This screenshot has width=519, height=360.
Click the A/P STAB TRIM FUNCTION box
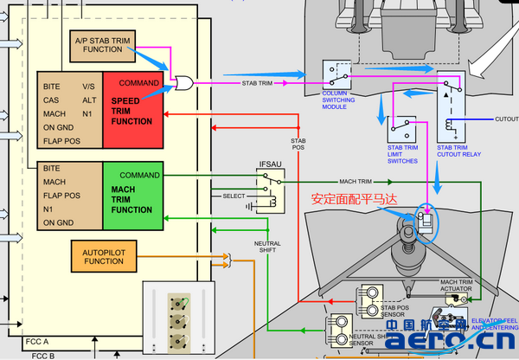[x=103, y=45]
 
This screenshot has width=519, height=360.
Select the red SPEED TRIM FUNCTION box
[x=132, y=110]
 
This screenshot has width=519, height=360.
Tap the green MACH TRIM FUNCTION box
[x=132, y=197]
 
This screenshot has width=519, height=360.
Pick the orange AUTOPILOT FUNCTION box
[x=103, y=256]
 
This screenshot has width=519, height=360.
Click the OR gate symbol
[x=183, y=84]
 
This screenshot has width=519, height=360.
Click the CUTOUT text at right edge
[x=505, y=119]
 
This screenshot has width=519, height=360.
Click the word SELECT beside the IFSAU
[x=234, y=196]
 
